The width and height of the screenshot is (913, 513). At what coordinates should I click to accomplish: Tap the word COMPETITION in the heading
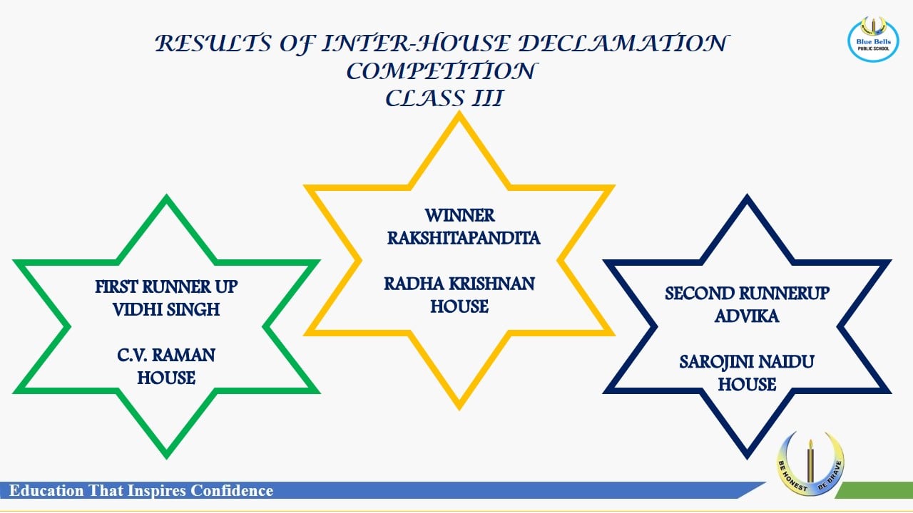(x=441, y=71)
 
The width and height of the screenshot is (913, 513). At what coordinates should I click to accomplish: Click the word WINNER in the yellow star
(x=460, y=215)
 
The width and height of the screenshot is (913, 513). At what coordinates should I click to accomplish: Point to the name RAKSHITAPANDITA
(x=464, y=238)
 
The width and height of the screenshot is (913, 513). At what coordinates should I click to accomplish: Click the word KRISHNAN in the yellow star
(x=491, y=284)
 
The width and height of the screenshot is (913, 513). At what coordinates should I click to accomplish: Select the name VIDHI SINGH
(x=166, y=310)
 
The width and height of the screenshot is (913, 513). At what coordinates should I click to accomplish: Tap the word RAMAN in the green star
(x=183, y=356)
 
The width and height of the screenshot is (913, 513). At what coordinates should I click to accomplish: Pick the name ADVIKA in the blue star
(x=747, y=316)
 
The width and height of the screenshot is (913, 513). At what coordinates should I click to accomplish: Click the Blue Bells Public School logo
(x=873, y=39)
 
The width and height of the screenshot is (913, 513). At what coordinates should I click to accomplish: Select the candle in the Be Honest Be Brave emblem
(x=810, y=462)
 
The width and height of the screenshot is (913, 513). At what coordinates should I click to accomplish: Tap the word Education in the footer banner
(x=46, y=491)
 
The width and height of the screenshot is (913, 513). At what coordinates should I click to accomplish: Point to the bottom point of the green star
(x=166, y=458)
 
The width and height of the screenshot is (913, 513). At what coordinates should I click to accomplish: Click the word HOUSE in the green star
(x=166, y=378)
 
